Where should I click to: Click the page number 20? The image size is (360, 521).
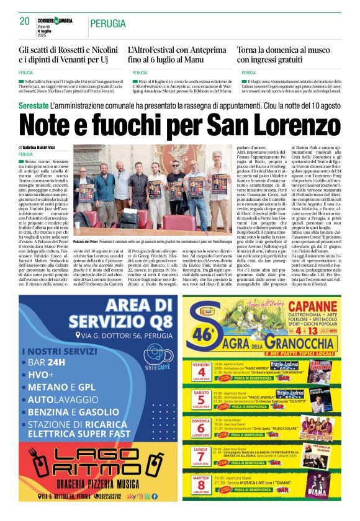coord(25,21)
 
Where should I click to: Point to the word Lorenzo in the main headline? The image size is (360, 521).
coord(287,128)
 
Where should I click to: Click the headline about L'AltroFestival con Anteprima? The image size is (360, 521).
coord(175,54)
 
